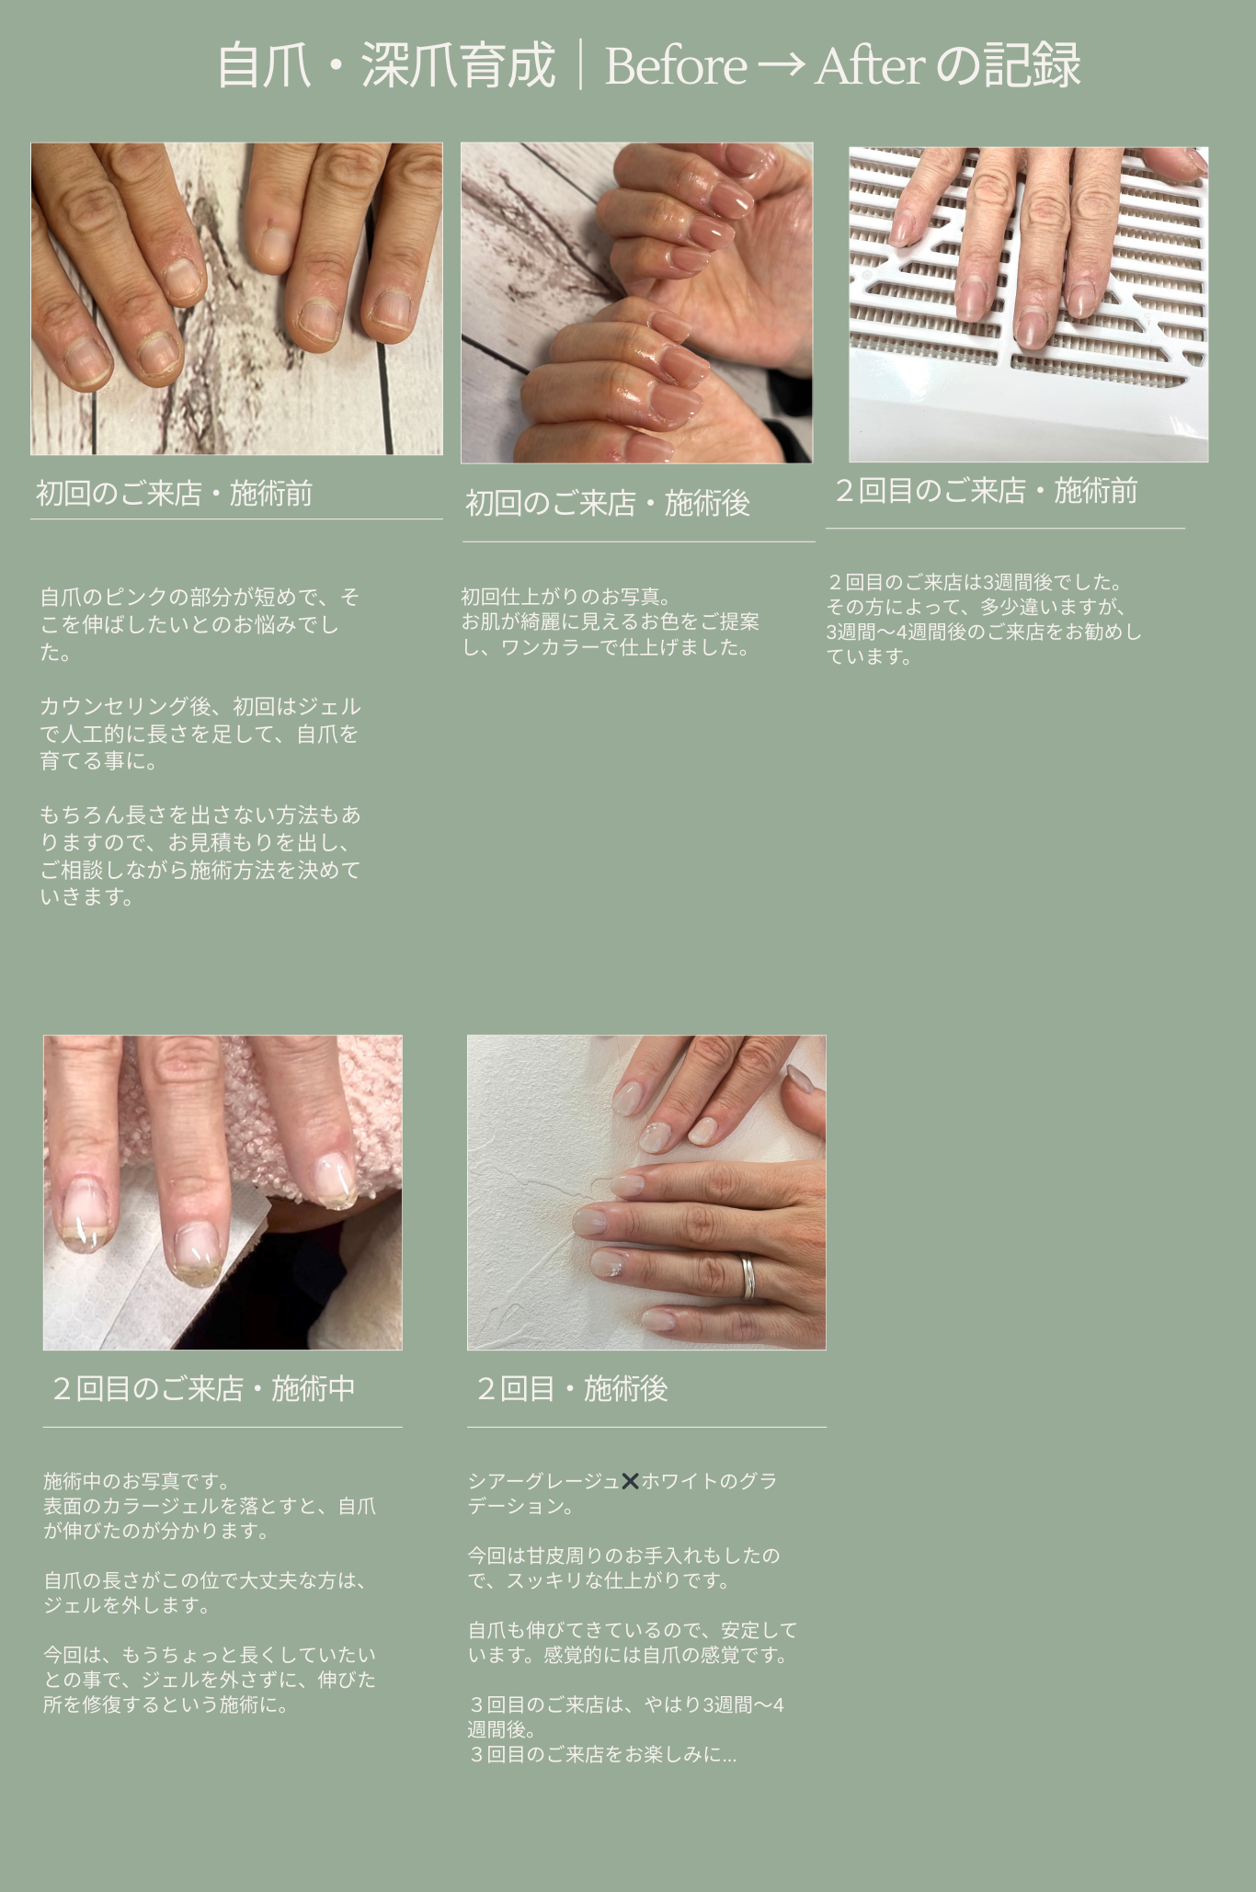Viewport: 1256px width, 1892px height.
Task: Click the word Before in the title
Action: pos(676,66)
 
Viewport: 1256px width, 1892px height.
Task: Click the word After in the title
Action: pos(870,66)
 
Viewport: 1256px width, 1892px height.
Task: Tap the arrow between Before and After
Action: pos(782,66)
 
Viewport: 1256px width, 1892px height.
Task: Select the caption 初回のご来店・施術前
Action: pos(175,494)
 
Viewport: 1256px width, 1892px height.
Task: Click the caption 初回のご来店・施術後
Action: pos(608,504)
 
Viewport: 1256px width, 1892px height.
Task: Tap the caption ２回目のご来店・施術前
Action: pos(985,491)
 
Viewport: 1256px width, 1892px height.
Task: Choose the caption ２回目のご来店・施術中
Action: pos(202,1388)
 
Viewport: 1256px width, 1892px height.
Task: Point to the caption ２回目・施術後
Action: pos(571,1388)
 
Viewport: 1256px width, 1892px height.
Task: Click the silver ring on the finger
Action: pos(748,1278)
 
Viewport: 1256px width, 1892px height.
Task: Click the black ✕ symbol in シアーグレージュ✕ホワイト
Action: pos(630,1481)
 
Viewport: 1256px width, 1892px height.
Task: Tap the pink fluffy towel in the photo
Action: pos(276,1103)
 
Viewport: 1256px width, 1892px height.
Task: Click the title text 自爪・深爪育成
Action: pos(386,66)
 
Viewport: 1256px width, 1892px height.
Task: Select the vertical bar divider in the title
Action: pos(580,66)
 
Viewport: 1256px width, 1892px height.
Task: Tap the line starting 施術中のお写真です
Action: pos(137,1481)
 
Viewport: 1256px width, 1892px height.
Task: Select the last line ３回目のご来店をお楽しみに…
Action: pos(602,1754)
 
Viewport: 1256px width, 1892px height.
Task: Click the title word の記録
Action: pos(1009,66)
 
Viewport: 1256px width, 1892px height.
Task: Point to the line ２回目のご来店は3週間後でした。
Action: pos(974,582)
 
